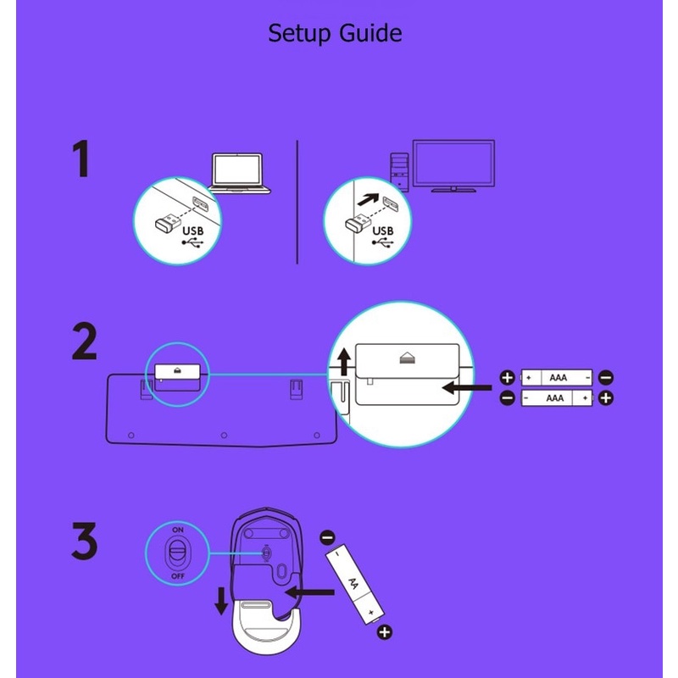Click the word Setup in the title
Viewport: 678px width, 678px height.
(300, 34)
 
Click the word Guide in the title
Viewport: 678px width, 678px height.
(370, 33)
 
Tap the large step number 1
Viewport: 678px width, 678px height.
(81, 158)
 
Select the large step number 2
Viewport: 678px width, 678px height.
(84, 342)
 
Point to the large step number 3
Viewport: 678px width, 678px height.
(84, 541)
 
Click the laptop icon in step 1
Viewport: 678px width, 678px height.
(238, 173)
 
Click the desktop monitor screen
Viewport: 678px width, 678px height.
(453, 164)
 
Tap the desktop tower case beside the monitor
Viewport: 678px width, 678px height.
(399, 172)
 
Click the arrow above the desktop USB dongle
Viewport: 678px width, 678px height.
(368, 199)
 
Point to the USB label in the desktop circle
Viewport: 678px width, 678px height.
(383, 231)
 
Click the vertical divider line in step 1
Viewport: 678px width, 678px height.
(297, 202)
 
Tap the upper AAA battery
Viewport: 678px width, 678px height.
(557, 377)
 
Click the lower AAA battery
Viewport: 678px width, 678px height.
(557, 397)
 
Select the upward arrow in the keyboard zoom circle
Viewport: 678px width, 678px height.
(344, 362)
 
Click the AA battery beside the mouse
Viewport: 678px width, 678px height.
(354, 584)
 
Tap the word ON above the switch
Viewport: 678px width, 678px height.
(178, 530)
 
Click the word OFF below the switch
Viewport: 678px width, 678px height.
(178, 576)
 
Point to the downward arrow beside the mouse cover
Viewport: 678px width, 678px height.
(221, 601)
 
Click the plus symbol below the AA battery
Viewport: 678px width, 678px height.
(385, 632)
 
